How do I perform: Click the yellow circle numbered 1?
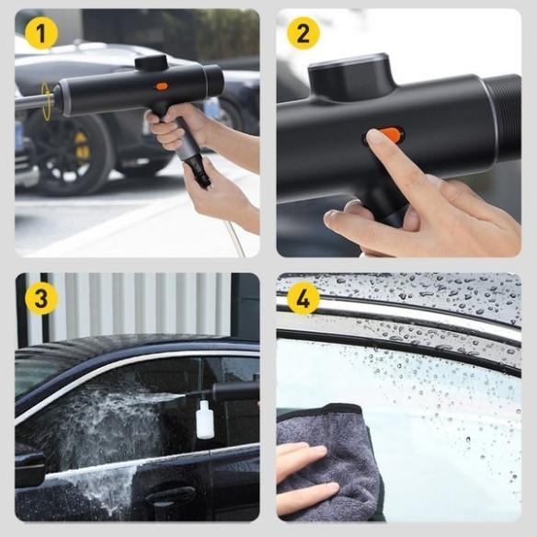tap(41, 33)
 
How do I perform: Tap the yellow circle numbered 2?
tap(303, 33)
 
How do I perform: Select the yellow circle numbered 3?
tap(41, 298)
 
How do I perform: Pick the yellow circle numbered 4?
tap(303, 298)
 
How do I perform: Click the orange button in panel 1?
tap(162, 86)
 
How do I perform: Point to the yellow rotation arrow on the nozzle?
tap(46, 101)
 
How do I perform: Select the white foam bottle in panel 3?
tap(205, 419)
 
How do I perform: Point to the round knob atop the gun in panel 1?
tap(151, 63)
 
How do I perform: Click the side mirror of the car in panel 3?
tap(29, 464)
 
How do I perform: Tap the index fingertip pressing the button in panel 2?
tap(374, 137)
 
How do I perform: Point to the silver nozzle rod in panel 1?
tap(33, 102)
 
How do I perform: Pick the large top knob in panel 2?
tap(353, 78)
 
